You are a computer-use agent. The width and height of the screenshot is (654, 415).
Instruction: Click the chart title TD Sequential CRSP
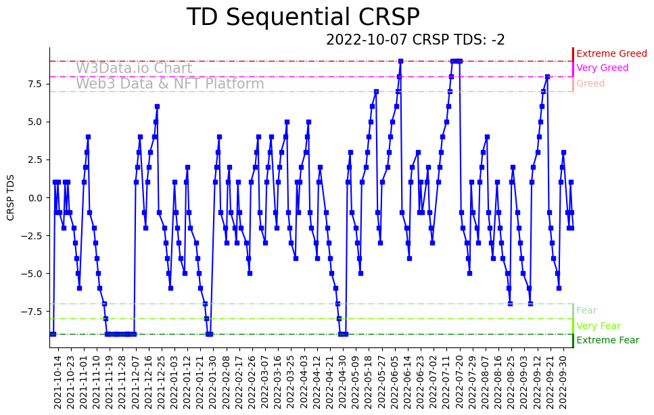pyautogui.click(x=303, y=18)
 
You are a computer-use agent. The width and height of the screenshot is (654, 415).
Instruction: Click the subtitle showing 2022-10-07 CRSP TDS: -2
pyautogui.click(x=415, y=40)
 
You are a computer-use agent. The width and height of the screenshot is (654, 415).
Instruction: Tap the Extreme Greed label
pyautogui.click(x=611, y=53)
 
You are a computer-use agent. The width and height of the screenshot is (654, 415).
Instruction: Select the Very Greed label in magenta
pyautogui.click(x=602, y=68)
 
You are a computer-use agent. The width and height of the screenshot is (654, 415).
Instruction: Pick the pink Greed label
pyautogui.click(x=590, y=84)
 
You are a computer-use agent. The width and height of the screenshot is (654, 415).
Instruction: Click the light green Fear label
pyautogui.click(x=586, y=311)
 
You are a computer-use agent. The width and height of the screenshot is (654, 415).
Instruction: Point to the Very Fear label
pyautogui.click(x=598, y=326)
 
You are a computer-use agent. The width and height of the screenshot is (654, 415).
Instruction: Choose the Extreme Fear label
pyautogui.click(x=607, y=341)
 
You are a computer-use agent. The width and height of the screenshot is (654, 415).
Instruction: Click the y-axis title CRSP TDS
pyautogui.click(x=11, y=197)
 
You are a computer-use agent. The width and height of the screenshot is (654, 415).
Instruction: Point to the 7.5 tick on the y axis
pyautogui.click(x=34, y=84)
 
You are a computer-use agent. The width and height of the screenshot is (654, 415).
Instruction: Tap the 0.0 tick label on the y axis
pyautogui.click(x=34, y=198)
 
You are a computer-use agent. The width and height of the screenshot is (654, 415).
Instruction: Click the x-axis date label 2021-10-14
pyautogui.click(x=57, y=382)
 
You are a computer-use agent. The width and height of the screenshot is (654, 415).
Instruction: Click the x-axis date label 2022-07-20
pyautogui.click(x=459, y=382)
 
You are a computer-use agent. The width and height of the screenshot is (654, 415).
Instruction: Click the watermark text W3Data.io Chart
pyautogui.click(x=134, y=68)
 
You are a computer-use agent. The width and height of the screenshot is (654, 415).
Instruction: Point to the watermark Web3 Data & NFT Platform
pyautogui.click(x=170, y=84)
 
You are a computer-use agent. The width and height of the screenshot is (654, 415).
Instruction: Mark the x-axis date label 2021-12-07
pyautogui.click(x=135, y=382)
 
